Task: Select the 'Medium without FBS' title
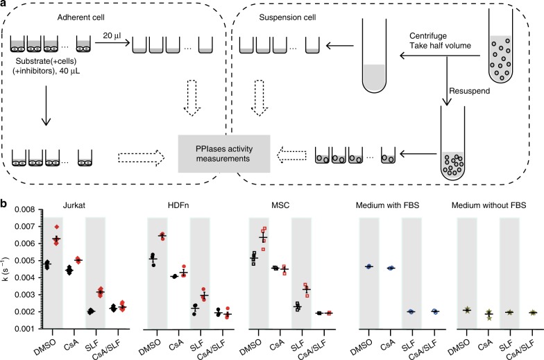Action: [492, 206]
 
